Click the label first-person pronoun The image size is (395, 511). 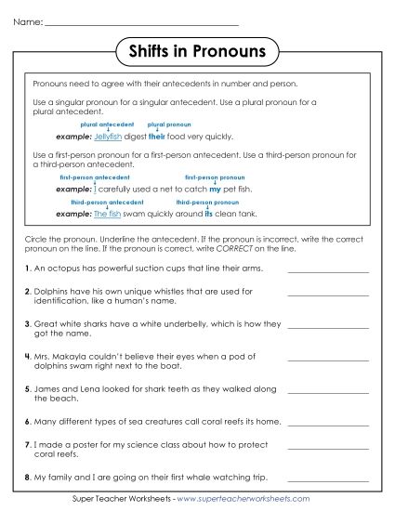tap(215, 176)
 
